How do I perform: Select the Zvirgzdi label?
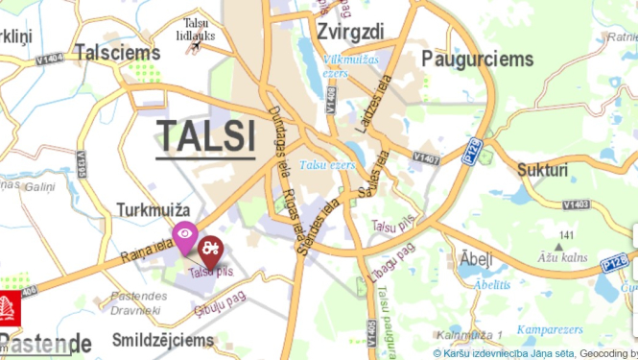(349, 32)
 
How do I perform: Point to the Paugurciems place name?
(477, 60)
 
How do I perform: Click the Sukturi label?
(542, 170)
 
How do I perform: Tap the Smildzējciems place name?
(162, 340)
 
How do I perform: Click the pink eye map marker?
(184, 233)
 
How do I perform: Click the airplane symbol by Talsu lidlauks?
(196, 44)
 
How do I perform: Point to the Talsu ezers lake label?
(326, 165)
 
